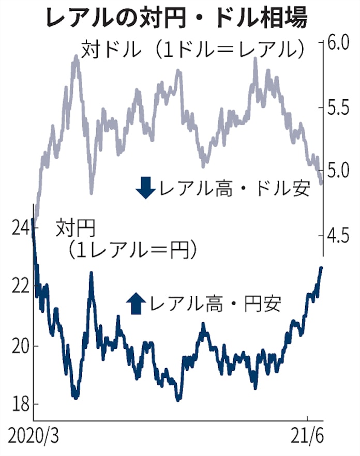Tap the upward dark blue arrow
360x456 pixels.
(x=136, y=303)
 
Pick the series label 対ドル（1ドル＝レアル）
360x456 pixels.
(x=191, y=50)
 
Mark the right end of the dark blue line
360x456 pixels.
(x=321, y=268)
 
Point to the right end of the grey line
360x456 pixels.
(x=321, y=183)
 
